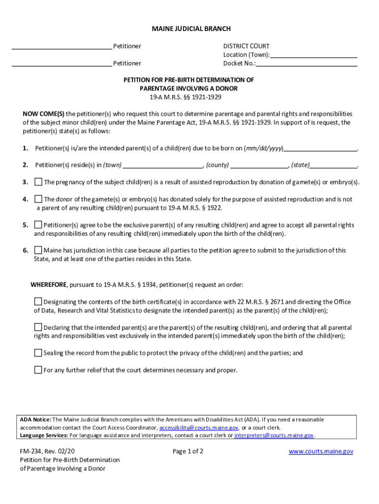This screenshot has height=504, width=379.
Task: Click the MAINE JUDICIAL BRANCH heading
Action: pos(191,29)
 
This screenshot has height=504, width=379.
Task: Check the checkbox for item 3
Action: pos(38,182)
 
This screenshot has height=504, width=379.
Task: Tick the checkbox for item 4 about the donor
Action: pos(38,199)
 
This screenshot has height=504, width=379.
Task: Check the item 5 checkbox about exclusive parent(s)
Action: pos(38,225)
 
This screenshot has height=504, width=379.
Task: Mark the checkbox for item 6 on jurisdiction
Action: pos(38,251)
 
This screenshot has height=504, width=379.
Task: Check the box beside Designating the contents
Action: pos(38,302)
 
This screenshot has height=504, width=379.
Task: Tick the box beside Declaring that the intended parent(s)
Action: pos(38,327)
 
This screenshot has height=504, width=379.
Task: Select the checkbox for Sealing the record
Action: pos(38,353)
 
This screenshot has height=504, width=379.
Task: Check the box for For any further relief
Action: pos(38,370)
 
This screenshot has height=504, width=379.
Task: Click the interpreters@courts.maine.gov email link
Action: pos(274,436)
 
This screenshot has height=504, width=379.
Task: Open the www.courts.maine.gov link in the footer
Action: pos(320,451)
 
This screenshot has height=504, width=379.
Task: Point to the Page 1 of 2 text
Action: pos(188,451)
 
